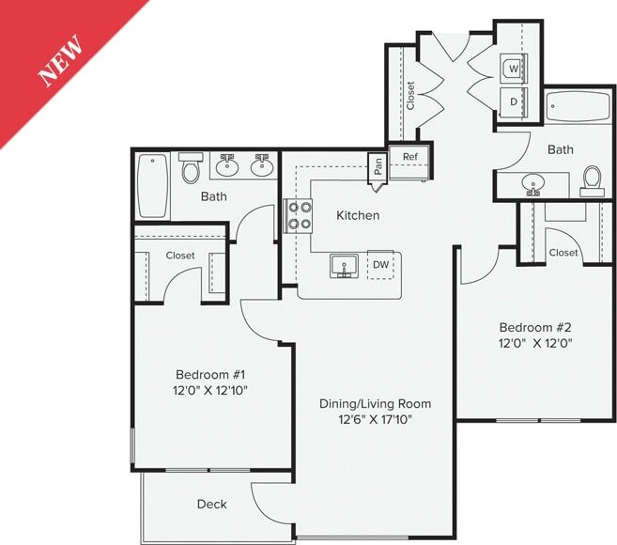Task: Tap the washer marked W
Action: tap(513, 69)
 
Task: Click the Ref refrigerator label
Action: tap(410, 157)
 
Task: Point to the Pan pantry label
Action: tap(378, 166)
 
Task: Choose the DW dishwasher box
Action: tap(380, 266)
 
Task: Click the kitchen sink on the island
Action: tap(345, 266)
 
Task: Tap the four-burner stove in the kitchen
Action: tap(300, 216)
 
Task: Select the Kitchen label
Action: tap(358, 215)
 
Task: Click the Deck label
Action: tap(211, 505)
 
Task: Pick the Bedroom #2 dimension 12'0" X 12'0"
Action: tap(535, 343)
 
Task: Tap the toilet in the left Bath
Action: tap(191, 170)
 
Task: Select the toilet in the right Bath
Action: tap(593, 179)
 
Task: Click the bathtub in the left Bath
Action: tap(152, 185)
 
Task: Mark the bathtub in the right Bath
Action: tap(578, 111)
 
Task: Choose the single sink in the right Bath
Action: tap(534, 183)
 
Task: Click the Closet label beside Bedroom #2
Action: tap(563, 252)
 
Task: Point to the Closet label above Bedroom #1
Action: tap(180, 256)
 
